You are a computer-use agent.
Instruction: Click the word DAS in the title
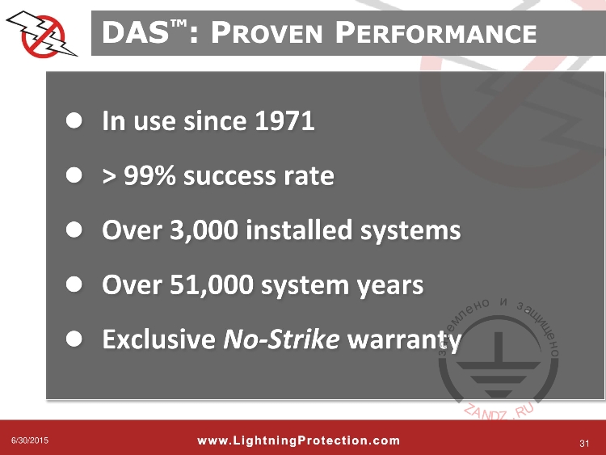click(135, 33)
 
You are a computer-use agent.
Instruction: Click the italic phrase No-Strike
click(280, 340)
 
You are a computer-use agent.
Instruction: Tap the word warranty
click(403, 341)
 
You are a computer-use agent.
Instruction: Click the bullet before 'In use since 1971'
click(74, 122)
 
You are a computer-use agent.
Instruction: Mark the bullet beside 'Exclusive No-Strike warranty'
click(74, 340)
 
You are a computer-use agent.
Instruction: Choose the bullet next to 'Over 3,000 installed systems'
click(74, 231)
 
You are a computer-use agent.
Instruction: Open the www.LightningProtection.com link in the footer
click(298, 440)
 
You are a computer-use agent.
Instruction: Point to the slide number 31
click(586, 442)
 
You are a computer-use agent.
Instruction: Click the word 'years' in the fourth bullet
click(393, 286)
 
